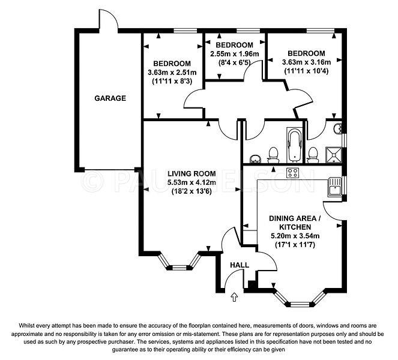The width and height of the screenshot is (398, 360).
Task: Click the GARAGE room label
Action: tap(110, 98)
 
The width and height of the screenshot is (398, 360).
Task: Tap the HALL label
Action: tap(240, 265)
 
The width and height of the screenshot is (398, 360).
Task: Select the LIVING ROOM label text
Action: tap(191, 174)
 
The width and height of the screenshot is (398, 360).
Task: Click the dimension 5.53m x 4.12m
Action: tap(191, 182)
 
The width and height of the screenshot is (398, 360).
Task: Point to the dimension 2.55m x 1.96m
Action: tap(235, 54)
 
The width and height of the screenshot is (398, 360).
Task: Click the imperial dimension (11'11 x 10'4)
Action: tap(306, 71)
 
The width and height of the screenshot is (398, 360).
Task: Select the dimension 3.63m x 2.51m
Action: tap(172, 73)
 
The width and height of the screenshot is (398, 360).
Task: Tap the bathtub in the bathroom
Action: tap(294, 145)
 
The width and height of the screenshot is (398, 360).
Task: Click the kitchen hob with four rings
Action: tap(293, 173)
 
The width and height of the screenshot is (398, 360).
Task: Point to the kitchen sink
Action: tap(335, 187)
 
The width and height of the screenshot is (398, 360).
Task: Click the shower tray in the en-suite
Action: tap(334, 155)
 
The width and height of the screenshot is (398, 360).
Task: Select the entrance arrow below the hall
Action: tap(234, 297)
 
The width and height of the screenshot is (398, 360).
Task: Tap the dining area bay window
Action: tap(300, 299)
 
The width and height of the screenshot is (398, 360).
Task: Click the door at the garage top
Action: tap(108, 20)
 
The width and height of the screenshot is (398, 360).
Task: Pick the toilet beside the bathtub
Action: tap(273, 155)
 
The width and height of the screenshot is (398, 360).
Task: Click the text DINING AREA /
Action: tap(295, 218)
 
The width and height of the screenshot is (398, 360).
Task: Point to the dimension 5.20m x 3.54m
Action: tap(295, 236)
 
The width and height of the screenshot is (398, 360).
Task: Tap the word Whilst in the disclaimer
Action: tap(25, 325)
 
